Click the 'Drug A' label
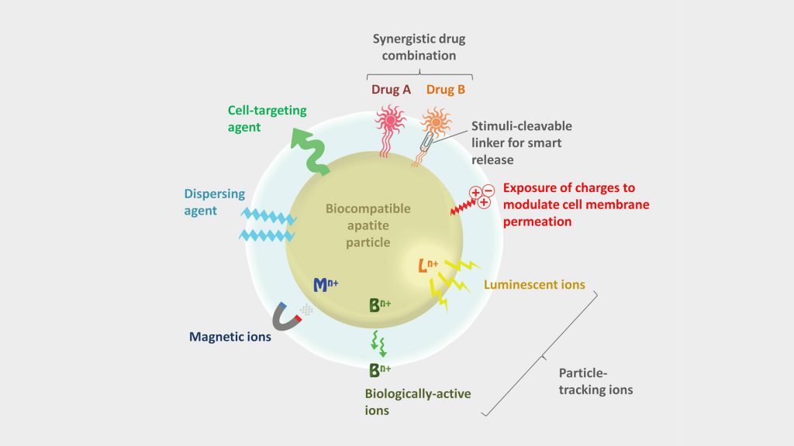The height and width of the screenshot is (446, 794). [x=391, y=89]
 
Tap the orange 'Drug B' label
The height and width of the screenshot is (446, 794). [x=446, y=89]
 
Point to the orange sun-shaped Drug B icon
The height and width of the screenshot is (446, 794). [x=436, y=122]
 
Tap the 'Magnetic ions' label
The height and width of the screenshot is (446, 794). [x=230, y=337]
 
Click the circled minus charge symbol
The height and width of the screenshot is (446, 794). [x=488, y=190]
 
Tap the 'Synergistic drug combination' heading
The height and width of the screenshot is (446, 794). [x=419, y=47]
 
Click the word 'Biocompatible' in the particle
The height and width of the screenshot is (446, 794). [x=368, y=209]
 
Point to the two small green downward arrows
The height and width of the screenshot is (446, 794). [x=378, y=343]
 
